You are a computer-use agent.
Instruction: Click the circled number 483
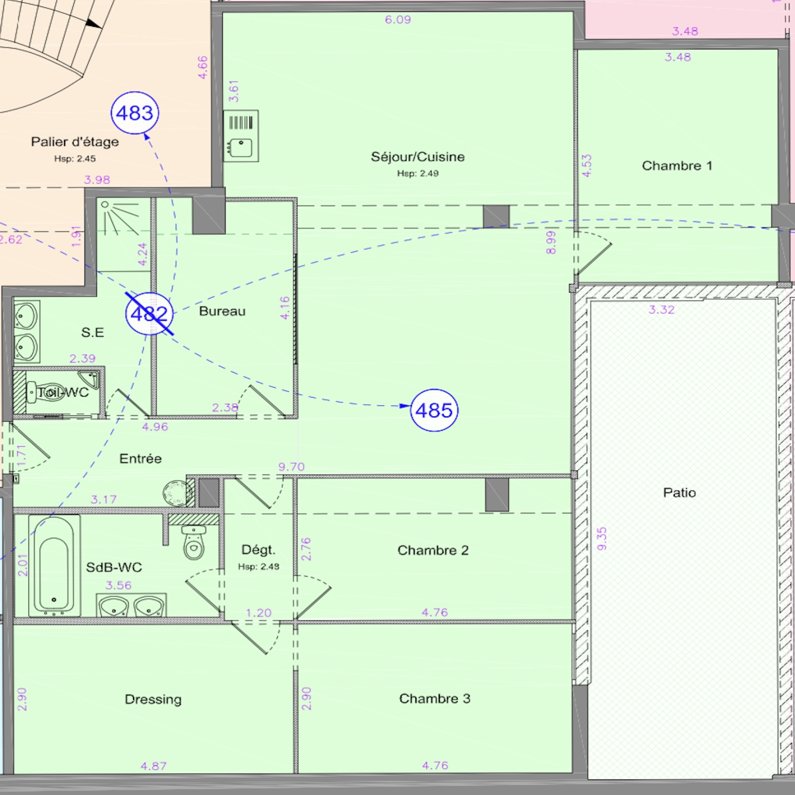(135, 113)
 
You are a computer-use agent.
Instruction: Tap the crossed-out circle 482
(149, 314)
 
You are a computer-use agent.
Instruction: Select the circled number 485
(434, 410)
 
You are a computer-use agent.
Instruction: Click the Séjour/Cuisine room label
(418, 157)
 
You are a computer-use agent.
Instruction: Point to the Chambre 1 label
(677, 165)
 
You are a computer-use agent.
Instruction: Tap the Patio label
(680, 492)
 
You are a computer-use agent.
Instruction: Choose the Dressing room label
(153, 700)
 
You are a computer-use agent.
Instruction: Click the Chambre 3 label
(435, 699)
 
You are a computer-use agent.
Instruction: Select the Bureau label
(222, 311)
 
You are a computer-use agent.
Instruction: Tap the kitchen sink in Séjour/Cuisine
(241, 136)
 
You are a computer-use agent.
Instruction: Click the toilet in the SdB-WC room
(194, 543)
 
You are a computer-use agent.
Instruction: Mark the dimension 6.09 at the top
(398, 20)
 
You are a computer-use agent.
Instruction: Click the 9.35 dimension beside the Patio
(602, 539)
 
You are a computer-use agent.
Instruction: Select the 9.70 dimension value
(292, 467)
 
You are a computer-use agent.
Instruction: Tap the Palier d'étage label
(75, 142)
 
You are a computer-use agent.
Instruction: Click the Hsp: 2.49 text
(418, 173)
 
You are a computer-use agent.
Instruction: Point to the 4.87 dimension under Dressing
(154, 766)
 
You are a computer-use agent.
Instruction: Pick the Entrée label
(141, 458)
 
